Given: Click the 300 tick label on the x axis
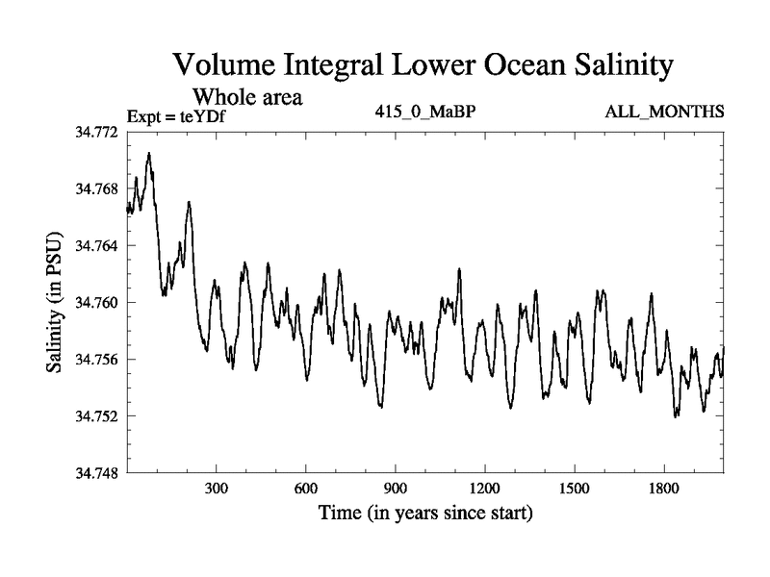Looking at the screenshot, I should [x=217, y=488].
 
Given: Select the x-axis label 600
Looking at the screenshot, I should [x=306, y=488].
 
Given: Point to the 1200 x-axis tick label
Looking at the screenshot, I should [x=485, y=488].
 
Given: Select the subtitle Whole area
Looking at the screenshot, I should [x=248, y=96].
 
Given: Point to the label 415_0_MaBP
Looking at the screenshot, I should [x=425, y=113].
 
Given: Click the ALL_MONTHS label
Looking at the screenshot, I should [x=664, y=113].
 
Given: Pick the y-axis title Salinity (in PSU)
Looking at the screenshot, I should [x=55, y=302].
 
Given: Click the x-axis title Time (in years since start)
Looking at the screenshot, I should [x=425, y=514].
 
